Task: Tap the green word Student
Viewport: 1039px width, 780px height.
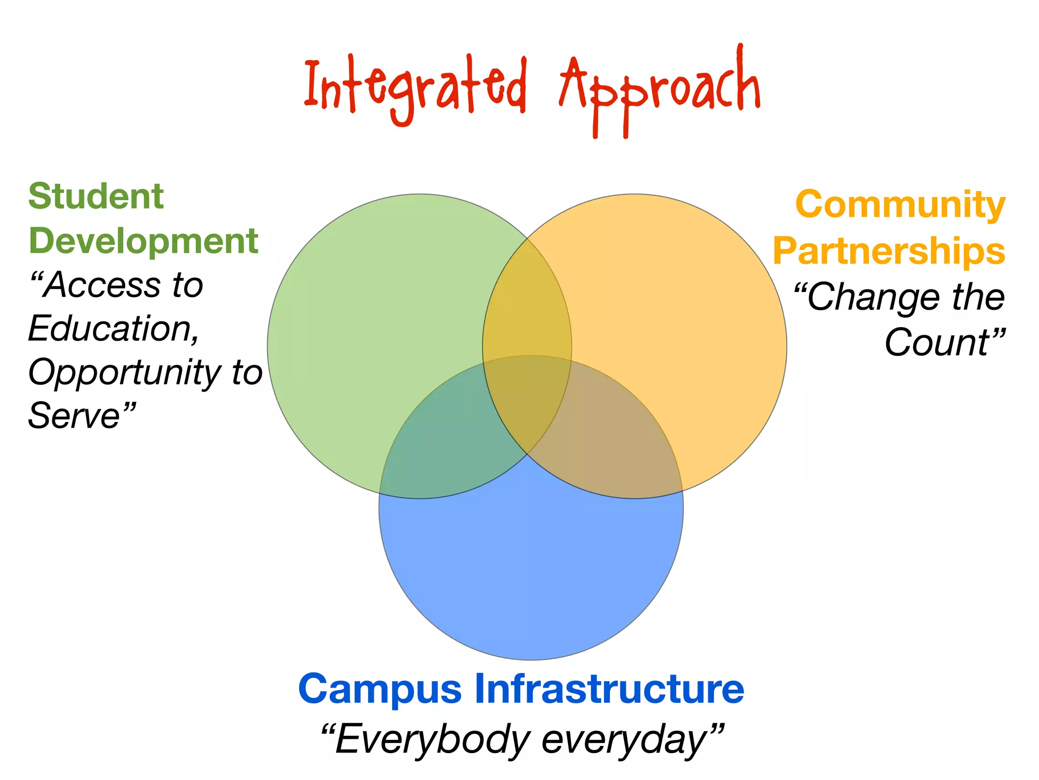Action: (x=96, y=197)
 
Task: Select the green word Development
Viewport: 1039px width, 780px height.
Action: (x=144, y=241)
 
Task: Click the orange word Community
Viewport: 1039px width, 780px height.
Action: (x=900, y=205)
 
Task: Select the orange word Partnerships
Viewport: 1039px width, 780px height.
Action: (x=889, y=251)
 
